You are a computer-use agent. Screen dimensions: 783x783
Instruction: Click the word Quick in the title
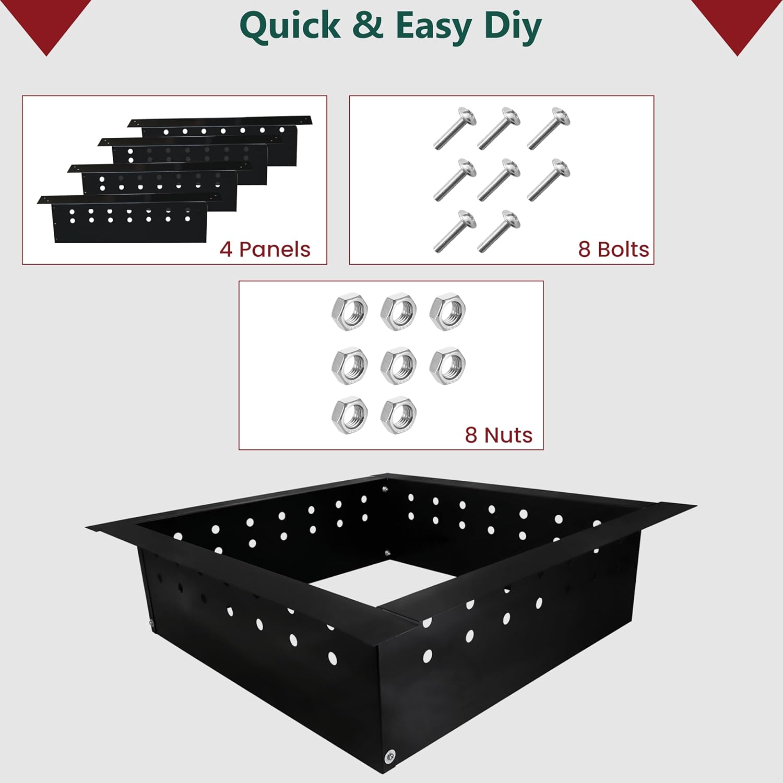click(x=290, y=26)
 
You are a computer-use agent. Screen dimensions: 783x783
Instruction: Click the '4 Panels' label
click(x=265, y=250)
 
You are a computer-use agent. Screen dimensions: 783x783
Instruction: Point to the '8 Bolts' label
click(x=613, y=250)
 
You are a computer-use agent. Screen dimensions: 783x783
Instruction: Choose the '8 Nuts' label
click(x=499, y=435)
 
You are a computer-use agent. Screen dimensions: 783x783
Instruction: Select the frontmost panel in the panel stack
click(x=130, y=222)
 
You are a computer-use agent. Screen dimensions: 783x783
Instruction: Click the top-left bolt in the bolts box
click(x=455, y=128)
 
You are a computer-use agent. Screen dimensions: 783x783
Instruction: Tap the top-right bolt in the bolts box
click(x=549, y=128)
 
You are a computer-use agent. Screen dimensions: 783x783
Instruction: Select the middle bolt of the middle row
click(x=499, y=180)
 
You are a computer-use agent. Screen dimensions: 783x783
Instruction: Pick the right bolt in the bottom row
click(x=499, y=231)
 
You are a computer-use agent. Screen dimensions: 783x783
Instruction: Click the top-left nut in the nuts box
click(x=349, y=312)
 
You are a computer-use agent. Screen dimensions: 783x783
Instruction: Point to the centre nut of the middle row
click(x=398, y=366)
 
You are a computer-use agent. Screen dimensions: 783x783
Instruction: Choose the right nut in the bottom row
click(x=398, y=416)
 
